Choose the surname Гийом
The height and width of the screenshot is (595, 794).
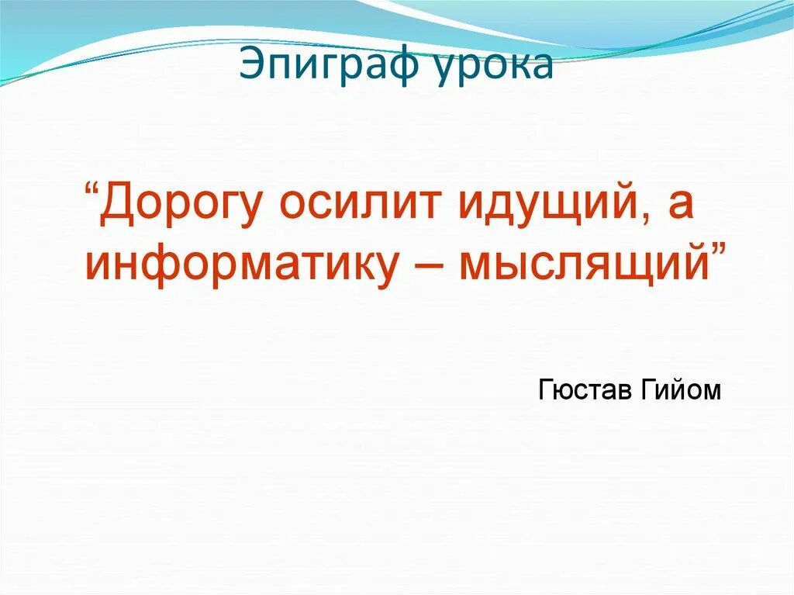[680, 389]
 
